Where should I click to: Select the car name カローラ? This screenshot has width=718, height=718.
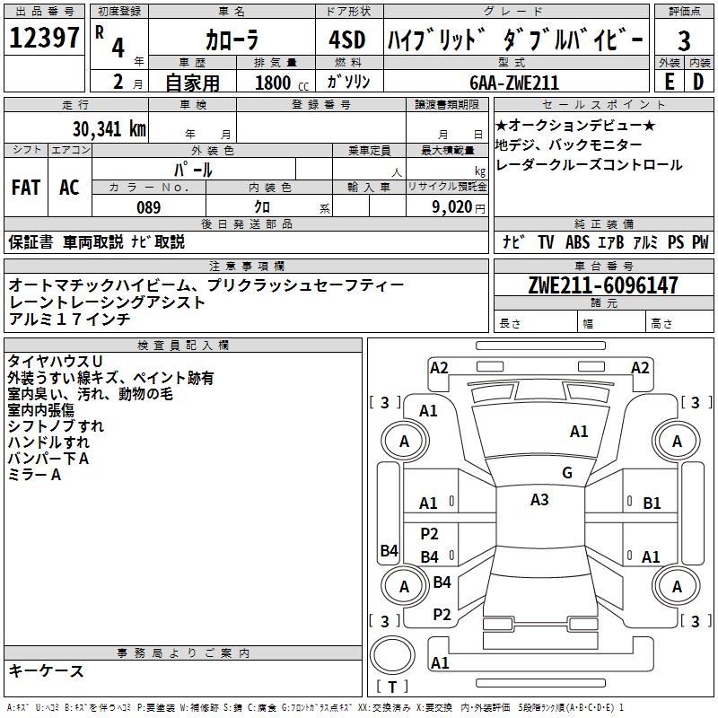231,40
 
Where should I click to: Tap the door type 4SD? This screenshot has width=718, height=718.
347,39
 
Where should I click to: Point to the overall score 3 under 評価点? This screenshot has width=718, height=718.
684,40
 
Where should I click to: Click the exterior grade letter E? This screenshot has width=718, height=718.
669,82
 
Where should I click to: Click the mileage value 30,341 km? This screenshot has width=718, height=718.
109,128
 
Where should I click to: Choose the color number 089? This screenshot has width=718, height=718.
149,207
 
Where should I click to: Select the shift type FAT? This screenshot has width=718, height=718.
26,188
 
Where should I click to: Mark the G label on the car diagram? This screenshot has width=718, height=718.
566,473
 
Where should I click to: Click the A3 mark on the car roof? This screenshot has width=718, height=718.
538,500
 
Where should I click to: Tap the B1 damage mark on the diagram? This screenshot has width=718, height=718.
652,503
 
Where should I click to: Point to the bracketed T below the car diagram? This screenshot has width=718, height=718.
392,687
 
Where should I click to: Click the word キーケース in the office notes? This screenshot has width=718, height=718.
47,670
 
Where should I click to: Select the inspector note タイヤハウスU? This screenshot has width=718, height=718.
55,362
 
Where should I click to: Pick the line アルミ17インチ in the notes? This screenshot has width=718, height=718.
70,319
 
